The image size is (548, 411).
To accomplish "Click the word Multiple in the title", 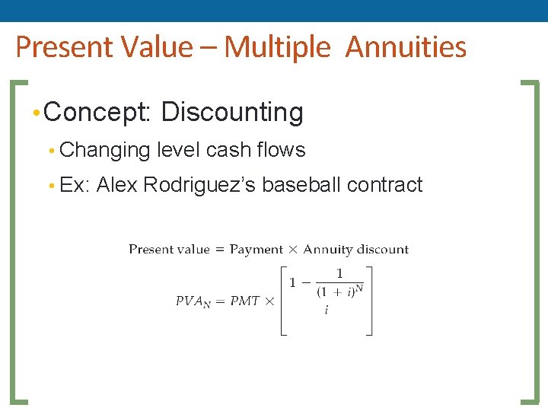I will (278, 47).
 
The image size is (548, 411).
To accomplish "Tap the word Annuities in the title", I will (406, 47).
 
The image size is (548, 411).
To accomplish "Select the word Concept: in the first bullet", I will (100, 113).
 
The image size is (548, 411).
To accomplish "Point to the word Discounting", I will (232, 113).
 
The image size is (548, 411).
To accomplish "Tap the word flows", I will (281, 150).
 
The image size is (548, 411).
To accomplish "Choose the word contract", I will (384, 185).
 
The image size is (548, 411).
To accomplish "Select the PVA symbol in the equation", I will (193, 301).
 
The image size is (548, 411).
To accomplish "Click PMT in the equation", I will (244, 301).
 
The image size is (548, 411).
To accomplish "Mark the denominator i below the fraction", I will (327, 309).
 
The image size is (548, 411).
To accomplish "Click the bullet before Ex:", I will (50, 186).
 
